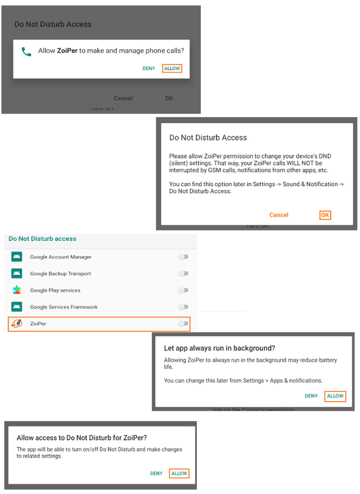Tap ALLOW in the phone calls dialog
172,69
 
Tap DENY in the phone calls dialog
148,69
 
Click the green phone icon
26,51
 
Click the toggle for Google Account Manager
183,257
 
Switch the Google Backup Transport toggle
183,274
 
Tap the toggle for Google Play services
183,290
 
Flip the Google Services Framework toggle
183,307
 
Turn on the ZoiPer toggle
183,324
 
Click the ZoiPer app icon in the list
17,324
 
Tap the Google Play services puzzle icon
17,290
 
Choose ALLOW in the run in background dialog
335,396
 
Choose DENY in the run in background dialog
311,396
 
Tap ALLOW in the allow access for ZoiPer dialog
179,474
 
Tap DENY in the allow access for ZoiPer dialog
156,474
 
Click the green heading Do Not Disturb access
43,239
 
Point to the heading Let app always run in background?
219,348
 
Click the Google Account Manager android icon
17,257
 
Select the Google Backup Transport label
61,274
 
